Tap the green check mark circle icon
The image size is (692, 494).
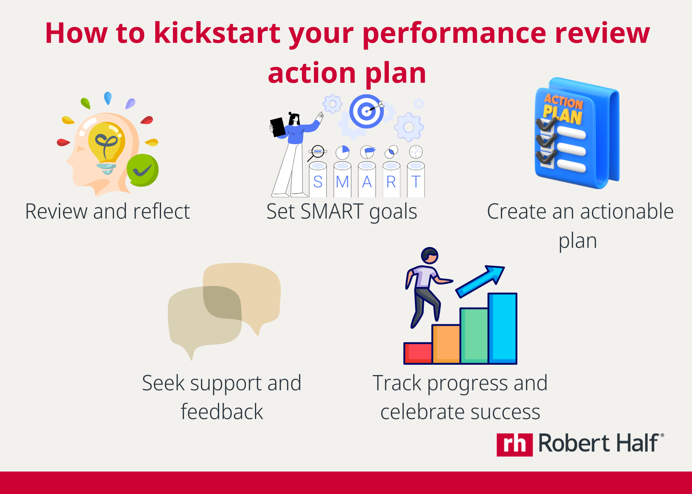pyautogui.click(x=143, y=170)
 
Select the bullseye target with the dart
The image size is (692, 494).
pyautogui.click(x=366, y=111)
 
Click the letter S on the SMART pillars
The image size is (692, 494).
pyautogui.click(x=318, y=182)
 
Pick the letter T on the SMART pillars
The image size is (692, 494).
pyautogui.click(x=416, y=182)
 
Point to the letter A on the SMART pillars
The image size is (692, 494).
pyautogui.click(x=367, y=182)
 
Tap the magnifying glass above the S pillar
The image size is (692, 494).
pyautogui.click(x=317, y=152)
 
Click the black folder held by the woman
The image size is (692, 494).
pyautogui.click(x=278, y=127)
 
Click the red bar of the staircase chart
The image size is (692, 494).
pyautogui.click(x=418, y=353)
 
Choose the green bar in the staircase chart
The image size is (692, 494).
pyautogui.click(x=474, y=336)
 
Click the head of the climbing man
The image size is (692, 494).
pyautogui.click(x=430, y=256)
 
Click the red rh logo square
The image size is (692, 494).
pyautogui.click(x=514, y=445)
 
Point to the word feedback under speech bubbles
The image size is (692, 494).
pyautogui.click(x=222, y=412)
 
